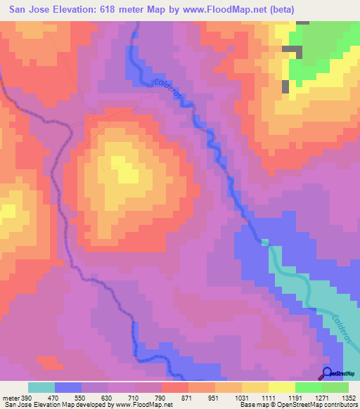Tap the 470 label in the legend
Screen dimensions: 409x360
[55, 398]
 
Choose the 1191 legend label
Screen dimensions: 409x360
[295, 398]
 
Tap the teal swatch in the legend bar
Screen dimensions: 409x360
[41, 387]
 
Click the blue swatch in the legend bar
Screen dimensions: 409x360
[68, 387]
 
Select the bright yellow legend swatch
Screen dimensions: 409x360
[282, 387]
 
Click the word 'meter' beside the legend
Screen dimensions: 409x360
[11, 398]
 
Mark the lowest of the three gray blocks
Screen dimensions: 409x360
[285, 86]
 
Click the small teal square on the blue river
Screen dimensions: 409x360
[265, 242]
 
